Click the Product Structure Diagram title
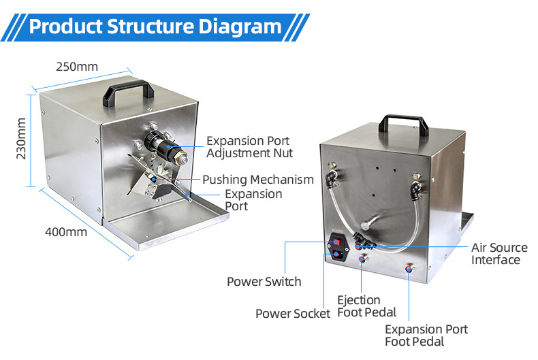(x=155, y=27)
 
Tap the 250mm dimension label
(x=76, y=67)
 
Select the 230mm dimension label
(x=21, y=139)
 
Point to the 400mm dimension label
(x=66, y=231)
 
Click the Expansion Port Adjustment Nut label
(x=250, y=147)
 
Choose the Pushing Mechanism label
(x=258, y=180)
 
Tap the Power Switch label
(x=264, y=281)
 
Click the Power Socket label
(x=293, y=313)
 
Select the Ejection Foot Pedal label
(x=366, y=306)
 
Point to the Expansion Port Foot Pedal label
(x=426, y=336)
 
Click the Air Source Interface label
(x=499, y=253)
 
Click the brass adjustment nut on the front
(x=182, y=158)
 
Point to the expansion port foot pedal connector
(x=409, y=269)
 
